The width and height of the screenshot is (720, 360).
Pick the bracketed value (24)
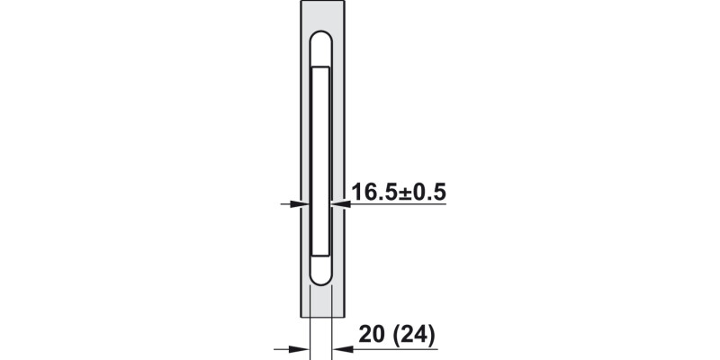(x=414, y=335)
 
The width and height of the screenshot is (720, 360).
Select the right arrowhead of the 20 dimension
(x=338, y=348)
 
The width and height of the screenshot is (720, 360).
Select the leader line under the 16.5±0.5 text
(x=396, y=205)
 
